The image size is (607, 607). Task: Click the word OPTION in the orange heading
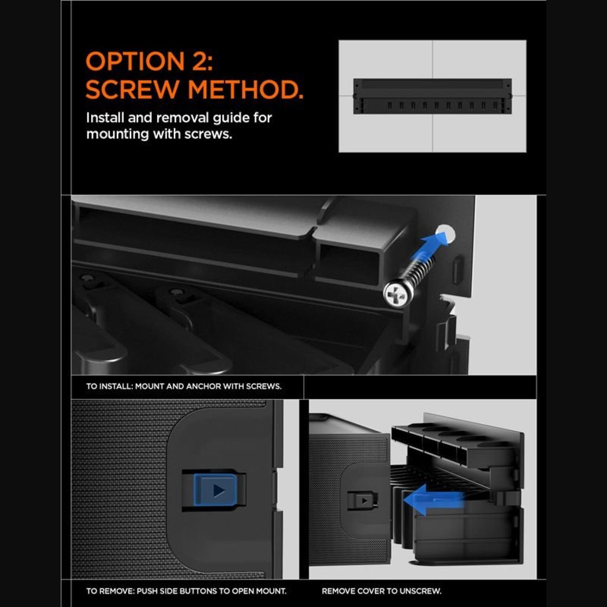tap(135, 62)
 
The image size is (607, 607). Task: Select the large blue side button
tap(214, 490)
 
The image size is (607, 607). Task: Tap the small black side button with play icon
tap(363, 501)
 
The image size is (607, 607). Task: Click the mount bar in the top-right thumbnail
tap(433, 96)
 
